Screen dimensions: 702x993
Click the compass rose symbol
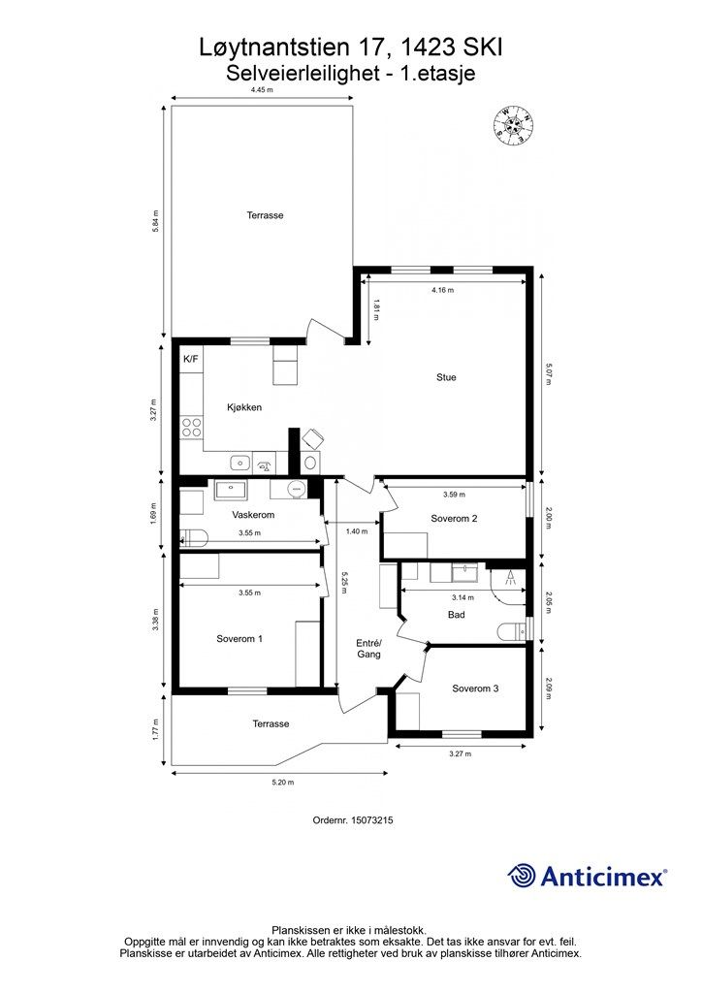pos(513,125)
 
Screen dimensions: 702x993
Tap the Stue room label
pos(446,377)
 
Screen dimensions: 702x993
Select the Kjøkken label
pos(244,408)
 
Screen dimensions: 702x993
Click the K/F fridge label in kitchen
pos(191,359)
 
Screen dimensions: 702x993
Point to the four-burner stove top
pos(191,428)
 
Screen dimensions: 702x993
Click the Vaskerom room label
pos(253,515)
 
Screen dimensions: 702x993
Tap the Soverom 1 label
pos(239,639)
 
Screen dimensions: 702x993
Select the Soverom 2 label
pos(454,519)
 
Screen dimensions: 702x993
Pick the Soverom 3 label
pos(475,689)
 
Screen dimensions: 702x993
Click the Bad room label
pos(457,615)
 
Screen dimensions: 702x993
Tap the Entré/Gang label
pos(368,649)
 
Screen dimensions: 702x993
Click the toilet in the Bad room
pos(511,631)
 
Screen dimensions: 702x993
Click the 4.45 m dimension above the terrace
pos(262,90)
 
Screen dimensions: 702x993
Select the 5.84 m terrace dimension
pos(155,222)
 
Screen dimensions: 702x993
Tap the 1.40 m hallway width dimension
pos(357,531)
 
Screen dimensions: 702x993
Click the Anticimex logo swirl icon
pos(522,876)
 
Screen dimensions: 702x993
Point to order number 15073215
pos(353,820)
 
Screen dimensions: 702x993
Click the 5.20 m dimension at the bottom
pos(283,783)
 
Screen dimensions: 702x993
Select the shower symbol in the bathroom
pos(510,577)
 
